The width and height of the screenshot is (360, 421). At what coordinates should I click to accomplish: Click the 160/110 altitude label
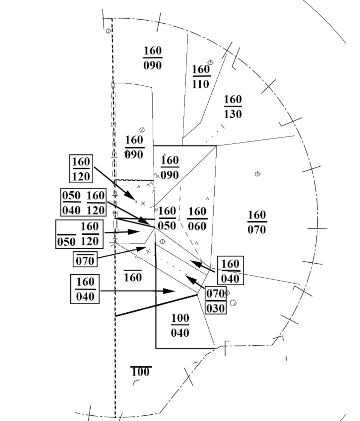(201, 77)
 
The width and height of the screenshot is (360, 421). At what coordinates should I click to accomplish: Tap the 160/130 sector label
(233, 106)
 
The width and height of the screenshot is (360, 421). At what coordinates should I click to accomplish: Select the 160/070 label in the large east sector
(257, 222)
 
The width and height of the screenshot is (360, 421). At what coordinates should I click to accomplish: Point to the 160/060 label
(197, 219)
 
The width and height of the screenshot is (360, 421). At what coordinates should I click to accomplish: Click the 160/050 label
(167, 218)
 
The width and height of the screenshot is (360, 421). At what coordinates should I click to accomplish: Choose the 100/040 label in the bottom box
(180, 325)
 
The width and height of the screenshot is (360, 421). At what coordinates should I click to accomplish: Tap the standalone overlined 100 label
(140, 372)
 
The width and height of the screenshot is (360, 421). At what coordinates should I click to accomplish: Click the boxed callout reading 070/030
(216, 301)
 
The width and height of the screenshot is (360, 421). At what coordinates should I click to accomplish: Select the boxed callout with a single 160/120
(81, 169)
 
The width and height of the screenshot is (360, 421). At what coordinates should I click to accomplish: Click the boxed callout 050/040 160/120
(83, 202)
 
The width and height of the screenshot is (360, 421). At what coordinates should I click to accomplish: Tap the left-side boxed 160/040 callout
(85, 290)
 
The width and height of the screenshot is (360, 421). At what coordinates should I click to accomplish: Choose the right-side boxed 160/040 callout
(230, 271)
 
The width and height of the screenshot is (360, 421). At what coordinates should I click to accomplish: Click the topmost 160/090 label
(153, 58)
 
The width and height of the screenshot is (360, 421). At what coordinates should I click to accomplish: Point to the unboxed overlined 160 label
(133, 277)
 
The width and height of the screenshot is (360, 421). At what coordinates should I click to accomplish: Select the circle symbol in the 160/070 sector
(257, 174)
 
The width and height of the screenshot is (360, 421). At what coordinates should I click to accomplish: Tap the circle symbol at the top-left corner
(108, 31)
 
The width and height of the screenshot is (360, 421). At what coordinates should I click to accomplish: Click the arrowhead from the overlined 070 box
(143, 248)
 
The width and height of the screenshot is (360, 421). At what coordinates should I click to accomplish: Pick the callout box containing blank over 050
(80, 234)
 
